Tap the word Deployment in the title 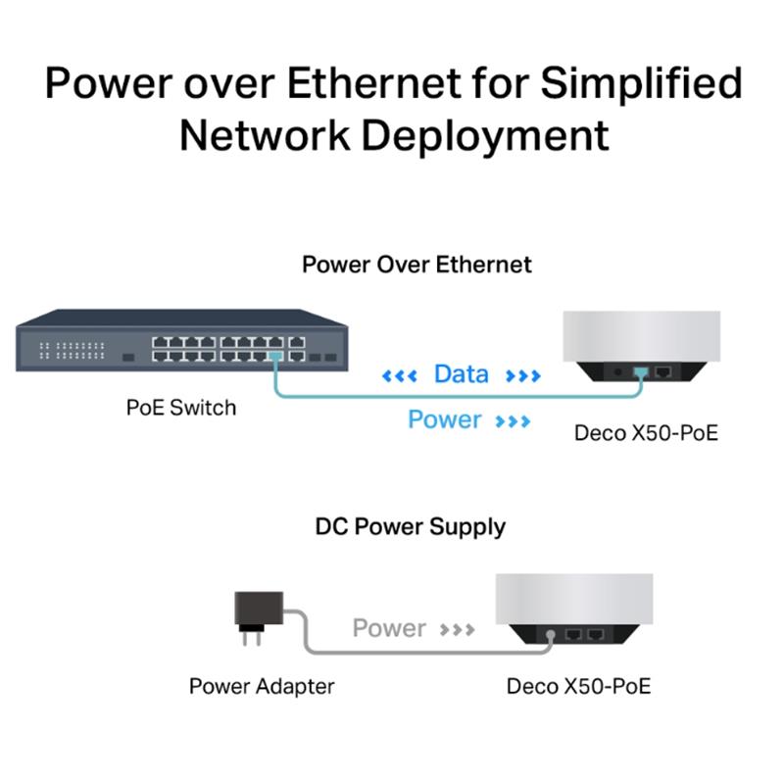point(485,136)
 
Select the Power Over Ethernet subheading point(417,265)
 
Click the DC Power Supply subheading point(411,527)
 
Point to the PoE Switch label point(181,408)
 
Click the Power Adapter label point(262,687)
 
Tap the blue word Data point(461,374)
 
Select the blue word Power point(445,419)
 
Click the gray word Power point(389,628)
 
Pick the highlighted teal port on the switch point(275,356)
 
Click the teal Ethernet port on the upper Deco point(641,372)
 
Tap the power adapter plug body point(259,609)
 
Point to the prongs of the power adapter point(252,638)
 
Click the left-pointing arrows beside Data point(399,376)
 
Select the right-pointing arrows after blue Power point(513,421)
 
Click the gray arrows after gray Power point(457,629)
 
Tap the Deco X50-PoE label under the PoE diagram point(646,433)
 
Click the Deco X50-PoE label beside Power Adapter point(578,687)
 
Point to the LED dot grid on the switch point(72,351)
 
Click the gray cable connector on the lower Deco point(551,636)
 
